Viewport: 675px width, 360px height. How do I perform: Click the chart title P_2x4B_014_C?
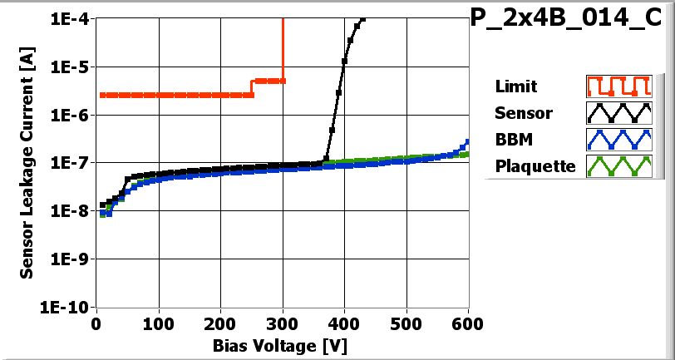coord(570,19)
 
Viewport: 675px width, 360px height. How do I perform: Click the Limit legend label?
coord(515,86)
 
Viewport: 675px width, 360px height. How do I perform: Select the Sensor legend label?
coord(523,113)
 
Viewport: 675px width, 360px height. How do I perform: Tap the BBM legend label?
coord(513,139)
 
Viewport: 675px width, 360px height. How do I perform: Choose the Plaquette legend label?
coord(535,165)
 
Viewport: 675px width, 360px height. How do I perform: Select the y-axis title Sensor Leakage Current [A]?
coord(27,163)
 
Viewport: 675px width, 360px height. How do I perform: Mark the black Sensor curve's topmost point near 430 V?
coord(361,18)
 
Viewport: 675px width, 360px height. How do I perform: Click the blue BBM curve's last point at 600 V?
coord(468,142)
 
